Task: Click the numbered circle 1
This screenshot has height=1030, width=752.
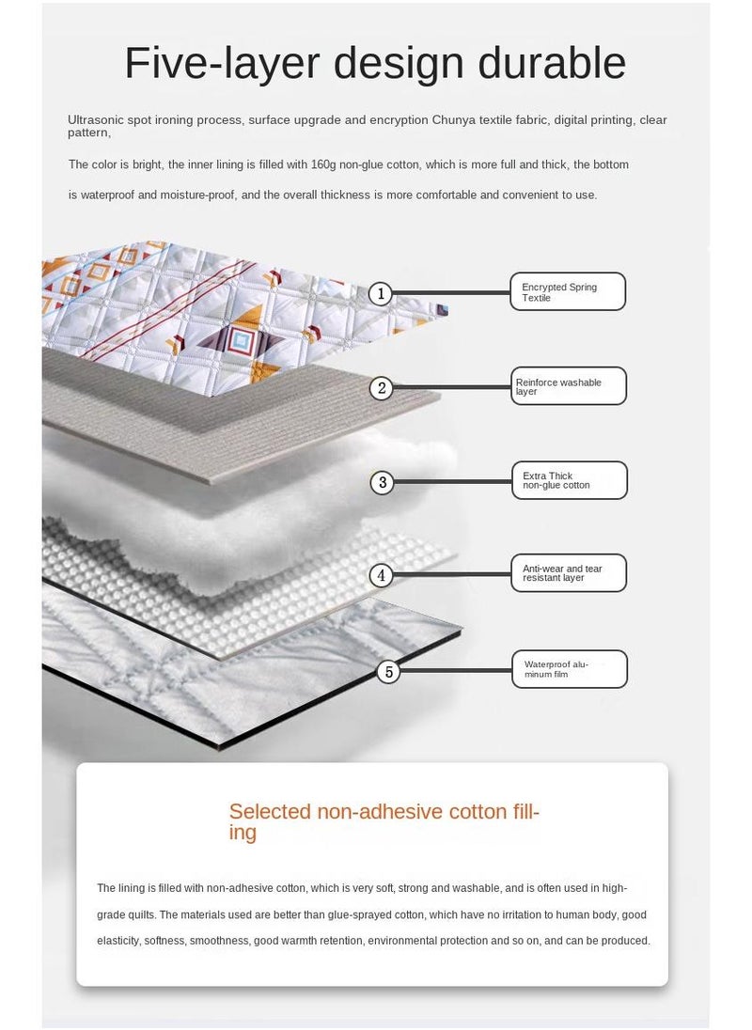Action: tap(381, 293)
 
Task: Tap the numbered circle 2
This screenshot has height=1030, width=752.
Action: tap(382, 388)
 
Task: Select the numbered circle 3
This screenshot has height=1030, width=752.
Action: tap(383, 483)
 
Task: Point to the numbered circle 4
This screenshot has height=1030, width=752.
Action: tap(381, 575)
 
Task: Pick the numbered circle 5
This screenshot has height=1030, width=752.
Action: tap(389, 672)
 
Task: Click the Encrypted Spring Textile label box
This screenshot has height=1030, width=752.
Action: tap(568, 291)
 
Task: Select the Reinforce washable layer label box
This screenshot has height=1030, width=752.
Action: tap(569, 386)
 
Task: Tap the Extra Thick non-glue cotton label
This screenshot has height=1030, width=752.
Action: tap(570, 480)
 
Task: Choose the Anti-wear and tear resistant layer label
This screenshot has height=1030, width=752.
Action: tap(569, 573)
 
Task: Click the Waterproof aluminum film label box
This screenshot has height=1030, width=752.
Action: tap(570, 669)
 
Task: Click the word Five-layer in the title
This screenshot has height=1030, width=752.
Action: tap(223, 64)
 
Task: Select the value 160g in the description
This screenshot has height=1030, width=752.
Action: tap(323, 164)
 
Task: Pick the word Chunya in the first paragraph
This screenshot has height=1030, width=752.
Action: tap(453, 120)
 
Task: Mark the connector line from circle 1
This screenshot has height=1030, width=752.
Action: tap(451, 293)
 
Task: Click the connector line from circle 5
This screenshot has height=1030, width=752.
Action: tap(456, 671)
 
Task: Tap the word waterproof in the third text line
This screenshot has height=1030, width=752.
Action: tap(107, 195)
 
